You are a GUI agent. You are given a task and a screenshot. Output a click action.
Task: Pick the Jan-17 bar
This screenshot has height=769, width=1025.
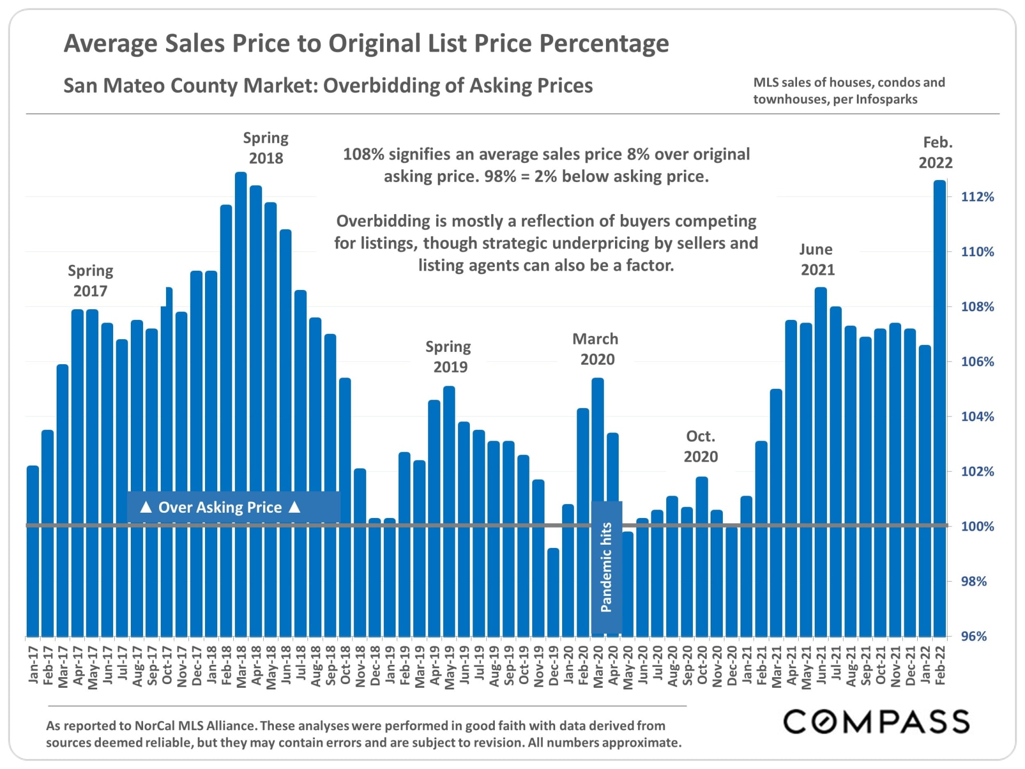click(x=33, y=550)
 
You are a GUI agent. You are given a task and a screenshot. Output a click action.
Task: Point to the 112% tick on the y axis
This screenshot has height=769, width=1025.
click(x=977, y=197)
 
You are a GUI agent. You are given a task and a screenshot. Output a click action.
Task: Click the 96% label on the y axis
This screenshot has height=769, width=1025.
click(x=974, y=636)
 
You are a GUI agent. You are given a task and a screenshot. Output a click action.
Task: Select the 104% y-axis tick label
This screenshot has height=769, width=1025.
click(x=977, y=417)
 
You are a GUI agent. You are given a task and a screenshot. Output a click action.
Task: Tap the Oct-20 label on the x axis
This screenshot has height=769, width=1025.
click(x=702, y=665)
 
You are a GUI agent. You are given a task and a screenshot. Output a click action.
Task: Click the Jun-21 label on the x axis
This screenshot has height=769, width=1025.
click(x=821, y=665)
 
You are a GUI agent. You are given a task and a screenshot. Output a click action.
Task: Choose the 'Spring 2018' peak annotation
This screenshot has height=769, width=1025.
click(x=266, y=148)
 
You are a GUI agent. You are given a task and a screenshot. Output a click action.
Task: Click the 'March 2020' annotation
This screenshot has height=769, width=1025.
click(x=596, y=349)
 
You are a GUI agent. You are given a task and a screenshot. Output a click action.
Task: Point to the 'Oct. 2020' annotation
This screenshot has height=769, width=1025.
click(x=701, y=446)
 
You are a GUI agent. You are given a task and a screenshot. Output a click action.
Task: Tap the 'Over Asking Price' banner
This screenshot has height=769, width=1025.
click(x=220, y=507)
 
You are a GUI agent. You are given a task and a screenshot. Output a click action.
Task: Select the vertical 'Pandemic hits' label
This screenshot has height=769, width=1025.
click(x=606, y=567)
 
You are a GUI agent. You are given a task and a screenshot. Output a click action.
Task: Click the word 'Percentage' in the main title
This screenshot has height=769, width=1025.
click(x=604, y=44)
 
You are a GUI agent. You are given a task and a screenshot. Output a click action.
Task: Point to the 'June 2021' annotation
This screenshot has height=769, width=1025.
click(x=817, y=259)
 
